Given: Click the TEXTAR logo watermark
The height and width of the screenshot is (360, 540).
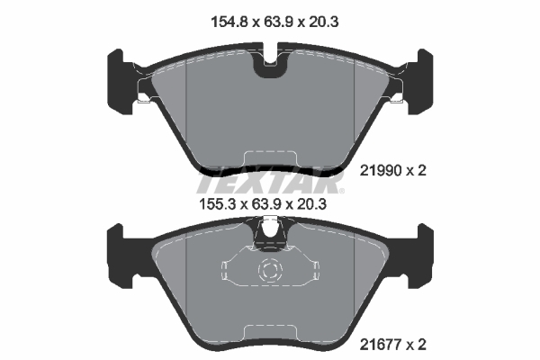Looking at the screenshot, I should coord(270,182).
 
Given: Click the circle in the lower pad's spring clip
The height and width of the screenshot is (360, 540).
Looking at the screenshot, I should coord(270,271).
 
